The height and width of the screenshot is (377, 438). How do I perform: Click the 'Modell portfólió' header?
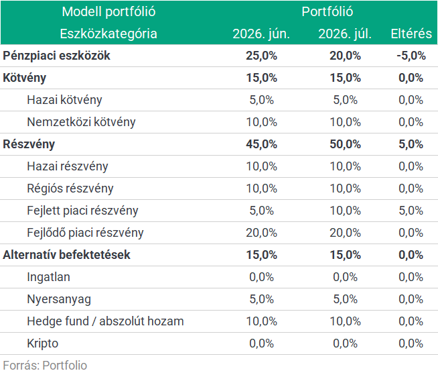pos(108,12)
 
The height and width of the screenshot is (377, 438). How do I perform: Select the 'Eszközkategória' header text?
pos(108,34)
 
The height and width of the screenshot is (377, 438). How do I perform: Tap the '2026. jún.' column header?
pos(261,34)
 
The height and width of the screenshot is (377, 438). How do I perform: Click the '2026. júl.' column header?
pos(345,34)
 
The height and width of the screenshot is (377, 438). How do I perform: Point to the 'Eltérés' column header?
pos(411,34)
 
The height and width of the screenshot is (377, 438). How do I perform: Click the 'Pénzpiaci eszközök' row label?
pos(56,56)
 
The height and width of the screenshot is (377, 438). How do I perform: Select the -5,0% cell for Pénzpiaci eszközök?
pos(411,56)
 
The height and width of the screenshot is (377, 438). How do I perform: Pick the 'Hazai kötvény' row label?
pos(64,100)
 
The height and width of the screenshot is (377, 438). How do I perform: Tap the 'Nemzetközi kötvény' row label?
pos(81,122)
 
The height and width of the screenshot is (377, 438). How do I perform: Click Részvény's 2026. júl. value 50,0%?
pos(346,144)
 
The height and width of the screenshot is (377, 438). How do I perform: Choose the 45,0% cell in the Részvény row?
pos(261,144)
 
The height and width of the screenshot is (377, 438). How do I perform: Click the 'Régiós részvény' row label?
pos(70,188)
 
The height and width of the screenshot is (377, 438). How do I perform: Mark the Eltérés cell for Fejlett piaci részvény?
pos(411,211)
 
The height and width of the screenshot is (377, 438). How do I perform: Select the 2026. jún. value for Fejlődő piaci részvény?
pos(261,233)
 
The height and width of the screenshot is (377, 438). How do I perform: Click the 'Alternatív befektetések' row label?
pos(66,255)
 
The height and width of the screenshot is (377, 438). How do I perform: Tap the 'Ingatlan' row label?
pos(49,277)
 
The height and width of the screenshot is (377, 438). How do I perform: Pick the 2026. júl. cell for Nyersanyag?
pos(346,299)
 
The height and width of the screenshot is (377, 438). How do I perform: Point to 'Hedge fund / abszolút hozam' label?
pos(105,321)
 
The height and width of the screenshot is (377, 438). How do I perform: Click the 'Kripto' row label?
pos(43,343)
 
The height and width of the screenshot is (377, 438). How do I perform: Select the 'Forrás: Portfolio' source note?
pos(45,365)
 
